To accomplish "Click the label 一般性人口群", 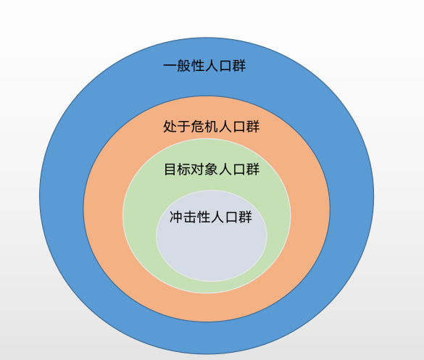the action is tap(204, 66).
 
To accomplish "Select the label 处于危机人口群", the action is tap(211, 127).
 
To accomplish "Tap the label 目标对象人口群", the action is tap(212, 169).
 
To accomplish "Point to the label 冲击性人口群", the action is tap(211, 217).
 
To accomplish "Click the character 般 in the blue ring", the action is tap(184, 66).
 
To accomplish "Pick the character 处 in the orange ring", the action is tap(170, 127).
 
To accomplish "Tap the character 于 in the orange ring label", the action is tap(183, 127).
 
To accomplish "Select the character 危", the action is tap(197, 127).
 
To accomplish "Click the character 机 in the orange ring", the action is tap(211, 127).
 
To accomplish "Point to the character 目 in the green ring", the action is tap(170, 169).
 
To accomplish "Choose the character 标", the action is tap(184, 169).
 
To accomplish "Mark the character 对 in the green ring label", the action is tap(198, 169).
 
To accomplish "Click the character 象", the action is tap(212, 169).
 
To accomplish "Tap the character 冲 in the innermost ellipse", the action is tap(176, 217).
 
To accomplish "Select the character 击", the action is tap(190, 217).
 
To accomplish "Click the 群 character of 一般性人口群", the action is tap(239, 66).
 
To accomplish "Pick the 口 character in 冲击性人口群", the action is tap(231, 217).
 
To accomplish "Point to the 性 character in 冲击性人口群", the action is tap(204, 217).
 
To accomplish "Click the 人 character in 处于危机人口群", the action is tap(225, 127).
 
